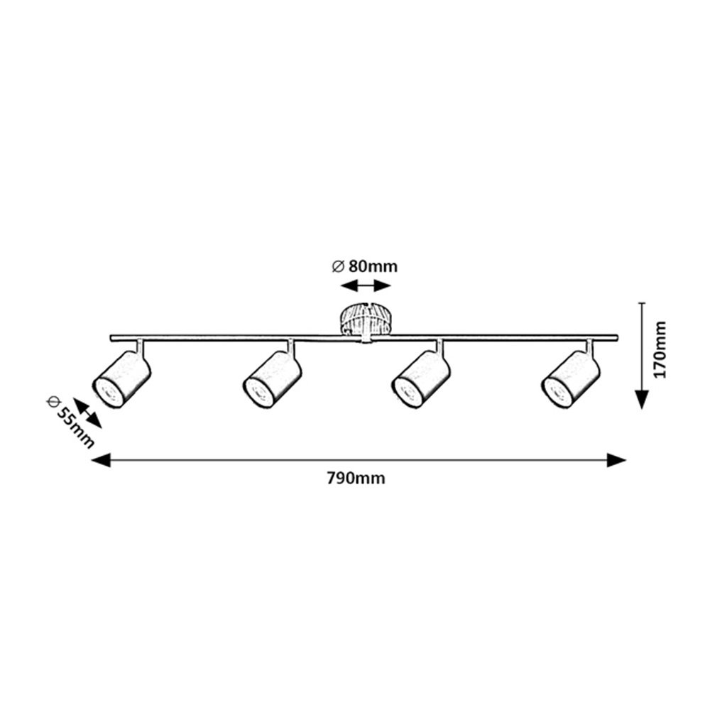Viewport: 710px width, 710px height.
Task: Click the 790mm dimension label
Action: [356, 479]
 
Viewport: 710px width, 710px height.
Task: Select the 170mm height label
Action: [661, 350]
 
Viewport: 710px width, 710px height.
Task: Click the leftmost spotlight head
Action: [122, 381]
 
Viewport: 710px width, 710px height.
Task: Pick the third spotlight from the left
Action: [422, 381]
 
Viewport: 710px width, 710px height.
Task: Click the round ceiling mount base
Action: [365, 319]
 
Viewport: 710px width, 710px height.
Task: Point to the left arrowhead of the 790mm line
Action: [100, 460]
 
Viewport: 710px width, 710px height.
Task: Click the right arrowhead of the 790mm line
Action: [618, 460]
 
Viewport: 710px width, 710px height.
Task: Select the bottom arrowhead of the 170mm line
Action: [642, 400]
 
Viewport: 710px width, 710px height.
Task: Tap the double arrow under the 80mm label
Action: [365, 285]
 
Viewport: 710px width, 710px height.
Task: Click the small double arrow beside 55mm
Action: [88, 413]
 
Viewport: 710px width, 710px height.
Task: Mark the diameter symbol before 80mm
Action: [338, 267]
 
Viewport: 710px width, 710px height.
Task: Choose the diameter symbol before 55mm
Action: [52, 401]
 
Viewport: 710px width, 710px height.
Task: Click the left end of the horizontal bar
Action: [113, 337]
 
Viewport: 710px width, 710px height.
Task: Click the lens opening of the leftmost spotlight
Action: [108, 393]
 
